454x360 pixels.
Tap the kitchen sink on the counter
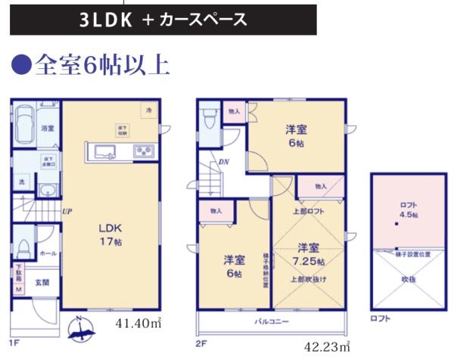pos(103,152)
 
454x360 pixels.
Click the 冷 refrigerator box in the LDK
pos(148,111)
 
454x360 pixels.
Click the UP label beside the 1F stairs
pos(67,211)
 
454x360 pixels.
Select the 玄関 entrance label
pos(42,283)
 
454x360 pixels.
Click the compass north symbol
pos(78,327)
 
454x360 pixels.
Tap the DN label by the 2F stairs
pos(224,162)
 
